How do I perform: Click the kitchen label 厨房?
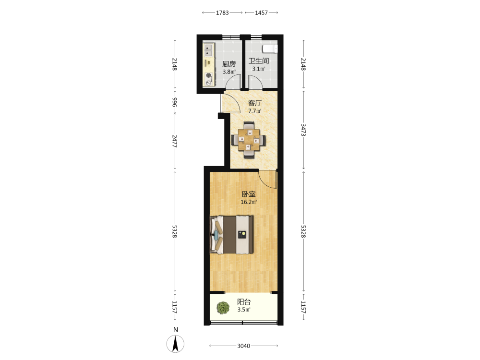[229, 64]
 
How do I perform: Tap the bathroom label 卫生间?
[259, 61]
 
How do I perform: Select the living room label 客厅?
[255, 103]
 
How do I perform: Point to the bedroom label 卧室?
[249, 194]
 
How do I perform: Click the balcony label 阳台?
[244, 302]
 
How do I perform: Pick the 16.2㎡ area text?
[249, 202]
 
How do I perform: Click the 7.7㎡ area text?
[255, 111]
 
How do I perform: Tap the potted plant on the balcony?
[223, 308]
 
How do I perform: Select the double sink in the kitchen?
[208, 50]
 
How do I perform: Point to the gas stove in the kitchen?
[209, 78]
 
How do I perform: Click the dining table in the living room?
[249, 140]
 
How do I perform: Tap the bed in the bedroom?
[232, 235]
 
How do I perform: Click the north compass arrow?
[175, 344]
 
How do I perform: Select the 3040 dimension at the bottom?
[244, 346]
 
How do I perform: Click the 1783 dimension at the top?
[222, 13]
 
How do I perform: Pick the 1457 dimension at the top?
[262, 13]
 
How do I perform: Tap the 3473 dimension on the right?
[303, 130]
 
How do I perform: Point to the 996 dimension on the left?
[175, 102]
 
